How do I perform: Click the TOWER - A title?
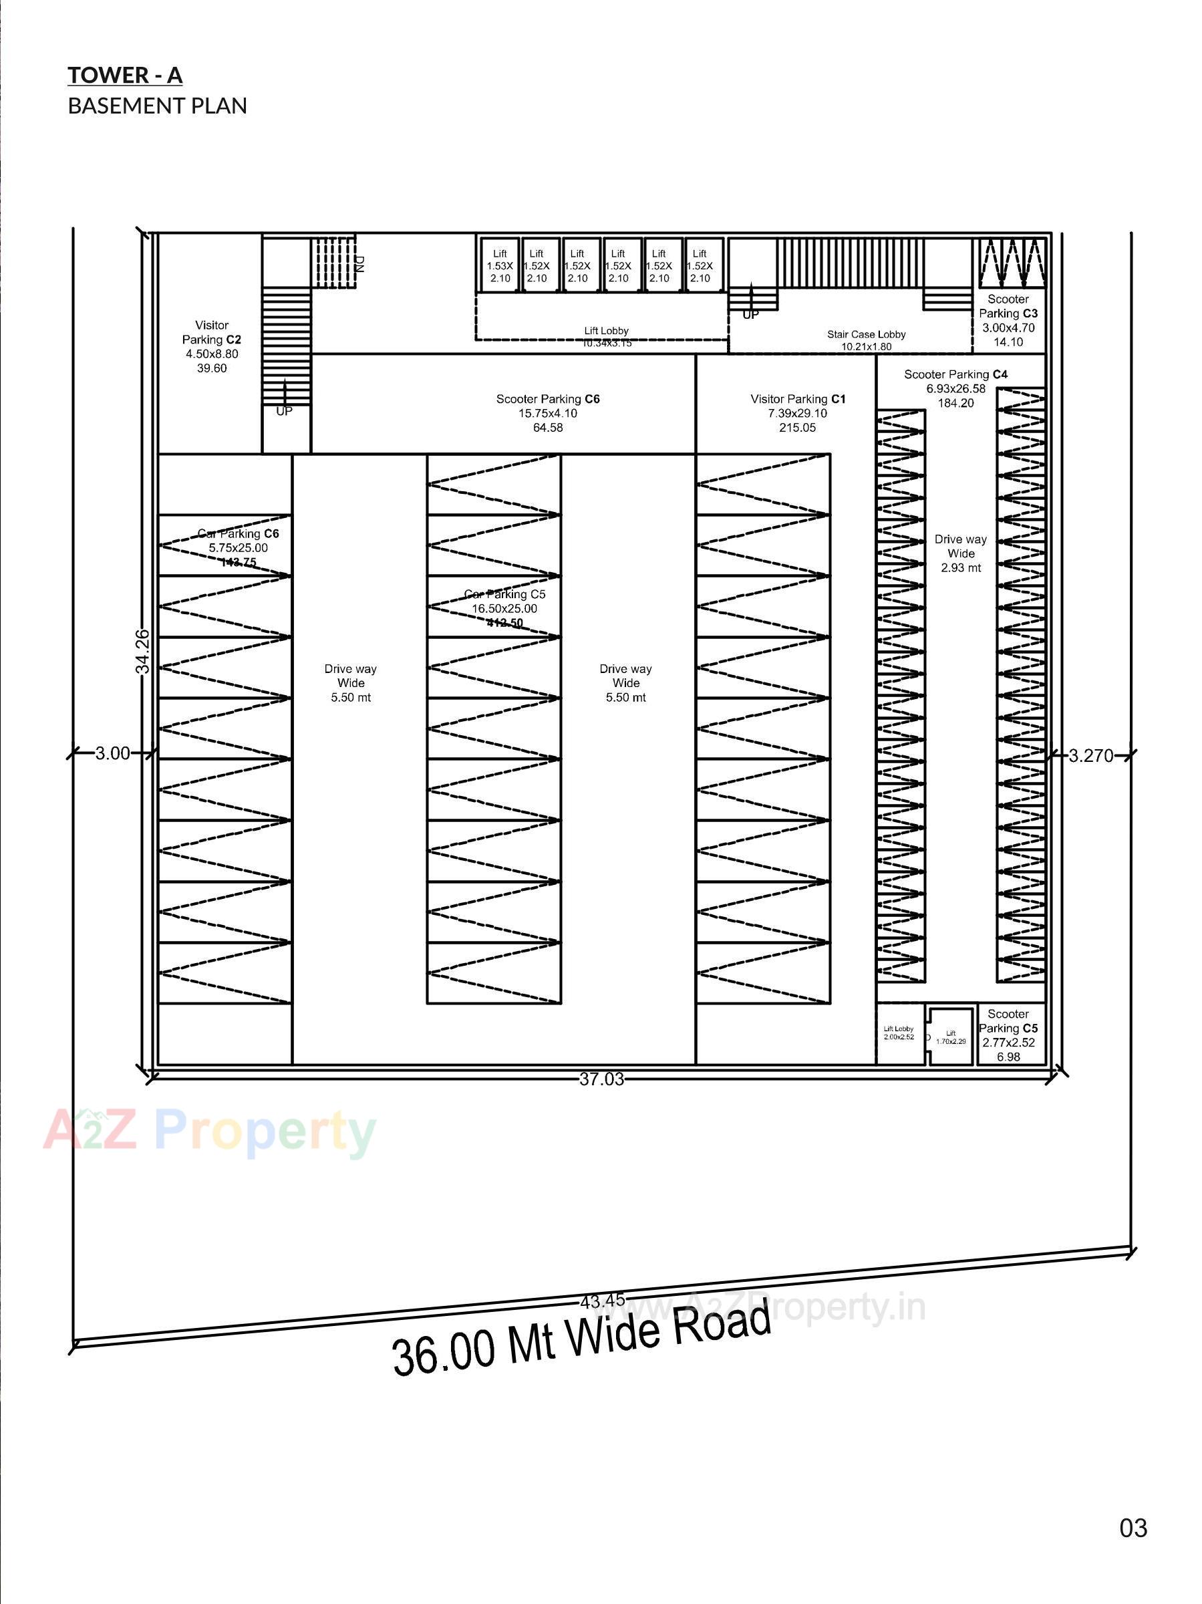point(125,76)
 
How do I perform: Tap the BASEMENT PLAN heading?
point(157,106)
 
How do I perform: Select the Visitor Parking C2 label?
point(212,347)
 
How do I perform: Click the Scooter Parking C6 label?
point(547,412)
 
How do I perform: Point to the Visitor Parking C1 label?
point(798,412)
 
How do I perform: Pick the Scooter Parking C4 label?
point(955,389)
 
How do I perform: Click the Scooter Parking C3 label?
point(1008,319)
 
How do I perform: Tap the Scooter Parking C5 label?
point(1008,1035)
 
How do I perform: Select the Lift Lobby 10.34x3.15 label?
point(606,336)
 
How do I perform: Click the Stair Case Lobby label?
point(867,340)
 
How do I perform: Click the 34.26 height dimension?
point(143,650)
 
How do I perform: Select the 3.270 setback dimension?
point(1090,756)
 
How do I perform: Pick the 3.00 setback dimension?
point(112,753)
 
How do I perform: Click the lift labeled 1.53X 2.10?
point(500,266)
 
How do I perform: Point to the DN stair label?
point(359,264)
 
